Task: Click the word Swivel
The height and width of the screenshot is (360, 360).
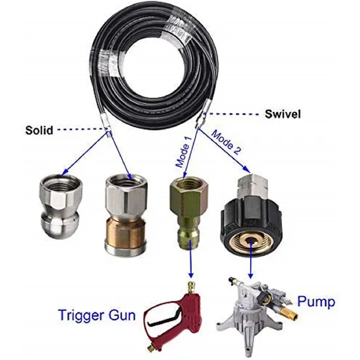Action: [x=283, y=114]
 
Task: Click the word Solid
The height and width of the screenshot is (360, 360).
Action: [x=39, y=130]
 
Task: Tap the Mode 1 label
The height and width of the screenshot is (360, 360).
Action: [x=183, y=153]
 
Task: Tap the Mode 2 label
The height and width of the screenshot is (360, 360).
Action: [x=226, y=142]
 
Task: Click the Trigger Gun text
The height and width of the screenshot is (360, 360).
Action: [x=97, y=315]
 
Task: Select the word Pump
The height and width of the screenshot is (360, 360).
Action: [x=316, y=302]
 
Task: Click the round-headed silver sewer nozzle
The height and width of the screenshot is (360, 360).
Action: [x=60, y=206]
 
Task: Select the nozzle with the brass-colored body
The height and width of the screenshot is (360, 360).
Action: [x=126, y=215]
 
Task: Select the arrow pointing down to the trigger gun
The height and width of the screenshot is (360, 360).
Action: [x=190, y=259]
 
